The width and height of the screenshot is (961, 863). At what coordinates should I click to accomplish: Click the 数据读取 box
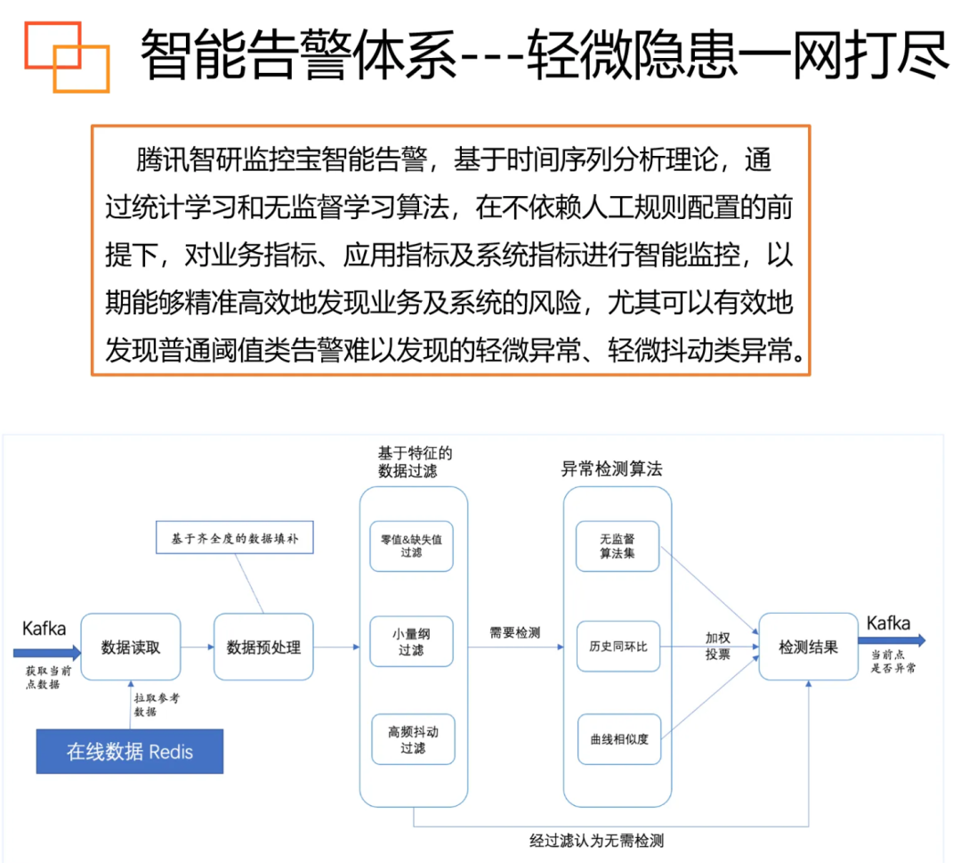[131, 647]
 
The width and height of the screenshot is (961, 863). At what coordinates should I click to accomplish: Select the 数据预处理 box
[263, 647]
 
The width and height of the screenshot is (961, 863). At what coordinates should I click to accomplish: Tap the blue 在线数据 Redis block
[129, 751]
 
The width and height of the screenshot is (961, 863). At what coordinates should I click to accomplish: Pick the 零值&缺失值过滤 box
[411, 545]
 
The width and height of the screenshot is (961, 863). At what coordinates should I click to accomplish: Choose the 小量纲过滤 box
[411, 642]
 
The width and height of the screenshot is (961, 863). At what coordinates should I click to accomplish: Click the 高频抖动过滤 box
[412, 739]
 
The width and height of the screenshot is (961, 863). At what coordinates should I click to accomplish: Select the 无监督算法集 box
[618, 545]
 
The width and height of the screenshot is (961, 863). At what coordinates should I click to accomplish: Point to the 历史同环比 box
[618, 646]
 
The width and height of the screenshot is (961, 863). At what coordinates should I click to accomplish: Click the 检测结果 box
[808, 647]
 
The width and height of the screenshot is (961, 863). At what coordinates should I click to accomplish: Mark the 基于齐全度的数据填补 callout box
[236, 538]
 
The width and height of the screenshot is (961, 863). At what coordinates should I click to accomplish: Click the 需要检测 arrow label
[514, 632]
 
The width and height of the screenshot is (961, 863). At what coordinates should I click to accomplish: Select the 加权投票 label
[717, 646]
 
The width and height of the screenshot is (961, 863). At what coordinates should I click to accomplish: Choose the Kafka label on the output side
[888, 623]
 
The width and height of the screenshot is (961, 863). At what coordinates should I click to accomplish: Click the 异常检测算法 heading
[611, 468]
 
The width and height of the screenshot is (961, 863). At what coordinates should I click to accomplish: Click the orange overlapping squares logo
[67, 56]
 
